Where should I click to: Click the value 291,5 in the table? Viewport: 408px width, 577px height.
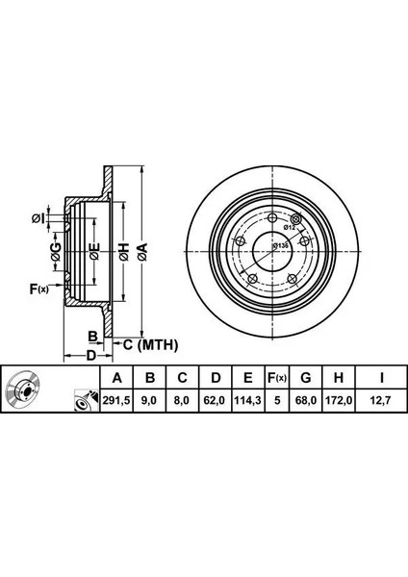[116, 400]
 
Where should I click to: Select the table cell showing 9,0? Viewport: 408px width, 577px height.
[149, 400]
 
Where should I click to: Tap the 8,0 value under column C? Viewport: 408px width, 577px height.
[182, 400]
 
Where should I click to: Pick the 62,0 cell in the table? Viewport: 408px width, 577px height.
[216, 400]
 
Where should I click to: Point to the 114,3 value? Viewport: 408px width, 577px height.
[248, 400]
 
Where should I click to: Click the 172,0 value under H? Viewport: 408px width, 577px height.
[339, 400]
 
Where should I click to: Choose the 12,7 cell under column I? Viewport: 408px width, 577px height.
[381, 400]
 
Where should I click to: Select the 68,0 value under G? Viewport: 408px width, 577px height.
[306, 400]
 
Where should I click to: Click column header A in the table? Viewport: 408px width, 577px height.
[116, 378]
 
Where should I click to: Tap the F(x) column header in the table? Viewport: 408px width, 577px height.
[277, 378]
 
